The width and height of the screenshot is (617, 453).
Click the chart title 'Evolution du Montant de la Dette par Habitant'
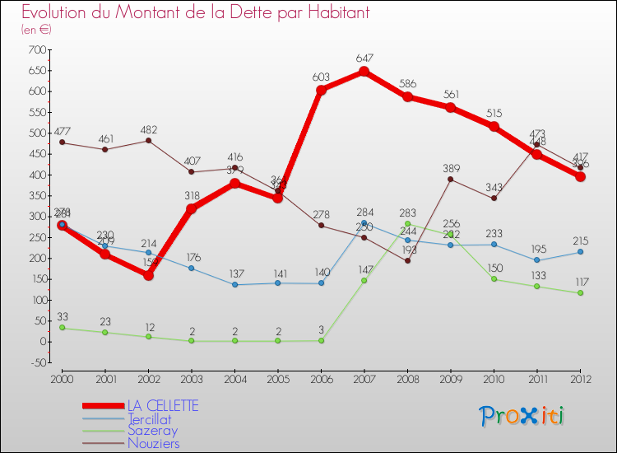coord(195,12)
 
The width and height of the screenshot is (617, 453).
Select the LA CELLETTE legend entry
coord(163,406)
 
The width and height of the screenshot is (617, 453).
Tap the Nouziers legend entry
coord(153,443)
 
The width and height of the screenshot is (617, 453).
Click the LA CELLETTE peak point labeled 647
coord(364,72)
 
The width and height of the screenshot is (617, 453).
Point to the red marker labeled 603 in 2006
coord(321,90)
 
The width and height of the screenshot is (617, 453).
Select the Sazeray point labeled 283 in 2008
coord(407,223)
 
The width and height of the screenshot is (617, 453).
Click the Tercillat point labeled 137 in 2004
coord(234,285)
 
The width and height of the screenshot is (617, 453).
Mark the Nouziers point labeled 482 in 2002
coord(148,140)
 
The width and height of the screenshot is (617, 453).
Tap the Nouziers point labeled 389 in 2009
coord(450,179)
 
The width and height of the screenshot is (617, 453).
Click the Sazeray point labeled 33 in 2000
coord(62,328)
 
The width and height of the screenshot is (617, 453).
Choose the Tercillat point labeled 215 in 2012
coord(580,252)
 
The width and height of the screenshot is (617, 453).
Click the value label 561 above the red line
coord(450,94)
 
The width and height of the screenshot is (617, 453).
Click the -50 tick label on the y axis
coord(35,362)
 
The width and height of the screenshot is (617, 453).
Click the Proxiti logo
coord(522,416)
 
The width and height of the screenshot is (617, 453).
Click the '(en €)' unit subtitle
coord(37,30)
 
